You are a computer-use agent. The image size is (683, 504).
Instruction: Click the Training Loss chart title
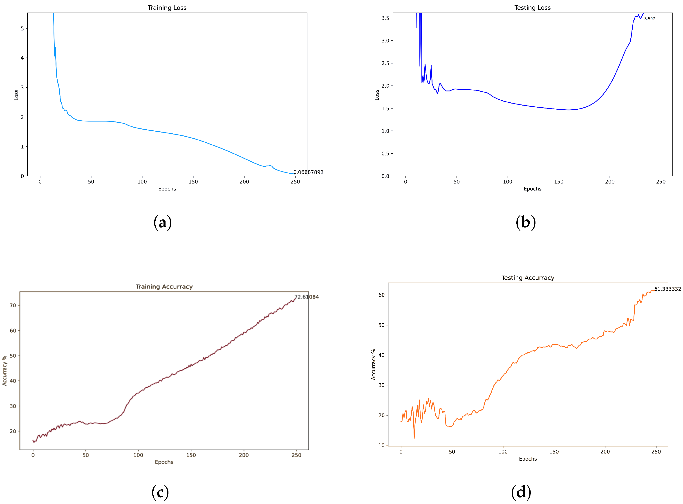tap(167, 8)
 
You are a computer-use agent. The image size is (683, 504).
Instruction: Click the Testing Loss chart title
tap(532, 8)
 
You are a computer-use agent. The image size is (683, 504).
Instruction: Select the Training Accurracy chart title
tap(164, 286)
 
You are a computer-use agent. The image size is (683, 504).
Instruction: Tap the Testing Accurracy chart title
tap(528, 278)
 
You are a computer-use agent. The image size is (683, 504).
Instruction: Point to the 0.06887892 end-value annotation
tap(308, 172)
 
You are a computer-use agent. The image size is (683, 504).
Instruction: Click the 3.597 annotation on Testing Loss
tap(649, 19)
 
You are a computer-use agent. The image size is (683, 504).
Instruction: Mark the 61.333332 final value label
tap(667, 289)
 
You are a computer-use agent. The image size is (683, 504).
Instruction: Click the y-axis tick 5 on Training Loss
tap(22, 28)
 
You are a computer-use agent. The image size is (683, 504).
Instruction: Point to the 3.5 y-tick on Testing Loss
tap(385, 18)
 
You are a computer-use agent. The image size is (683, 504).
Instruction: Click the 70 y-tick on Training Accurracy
tap(13, 305)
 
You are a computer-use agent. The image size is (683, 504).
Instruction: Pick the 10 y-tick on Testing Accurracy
tap(381, 445)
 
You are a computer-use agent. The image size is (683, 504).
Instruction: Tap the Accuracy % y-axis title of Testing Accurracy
tap(373, 364)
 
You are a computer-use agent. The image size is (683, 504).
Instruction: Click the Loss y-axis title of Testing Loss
tap(377, 95)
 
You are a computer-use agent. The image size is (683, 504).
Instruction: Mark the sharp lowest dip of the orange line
tap(414, 438)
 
